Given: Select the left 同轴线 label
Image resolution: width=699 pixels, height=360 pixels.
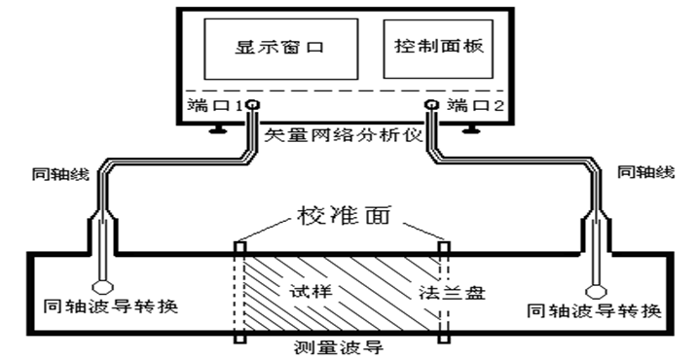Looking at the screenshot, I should [57, 174].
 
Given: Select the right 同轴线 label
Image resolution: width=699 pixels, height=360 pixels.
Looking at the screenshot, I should [644, 172].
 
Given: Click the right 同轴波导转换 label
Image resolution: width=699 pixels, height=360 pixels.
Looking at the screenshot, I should [594, 311].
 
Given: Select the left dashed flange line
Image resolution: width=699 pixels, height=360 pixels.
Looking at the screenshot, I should [238, 292].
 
